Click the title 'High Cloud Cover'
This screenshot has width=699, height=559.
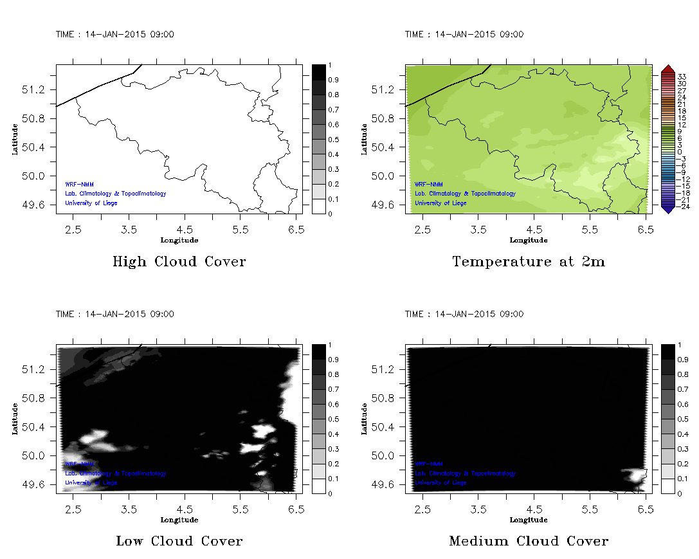click(179, 262)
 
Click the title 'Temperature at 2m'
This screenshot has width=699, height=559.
click(529, 262)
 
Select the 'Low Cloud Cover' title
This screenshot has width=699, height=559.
click(179, 541)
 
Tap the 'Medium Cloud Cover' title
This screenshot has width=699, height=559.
click(529, 541)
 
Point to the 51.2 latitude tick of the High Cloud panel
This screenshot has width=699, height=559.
click(37, 89)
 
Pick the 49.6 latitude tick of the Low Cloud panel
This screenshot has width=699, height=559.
click(37, 484)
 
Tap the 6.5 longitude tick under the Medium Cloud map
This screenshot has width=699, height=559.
click(646, 509)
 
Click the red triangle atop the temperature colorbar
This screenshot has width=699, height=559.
click(667, 68)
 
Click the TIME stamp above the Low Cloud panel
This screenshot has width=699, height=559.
click(114, 314)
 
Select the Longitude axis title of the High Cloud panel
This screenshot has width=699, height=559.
click(179, 240)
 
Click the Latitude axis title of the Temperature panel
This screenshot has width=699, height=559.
click(363, 139)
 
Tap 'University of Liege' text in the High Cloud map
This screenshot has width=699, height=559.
click(91, 203)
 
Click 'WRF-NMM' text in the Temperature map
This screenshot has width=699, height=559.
click(429, 184)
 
